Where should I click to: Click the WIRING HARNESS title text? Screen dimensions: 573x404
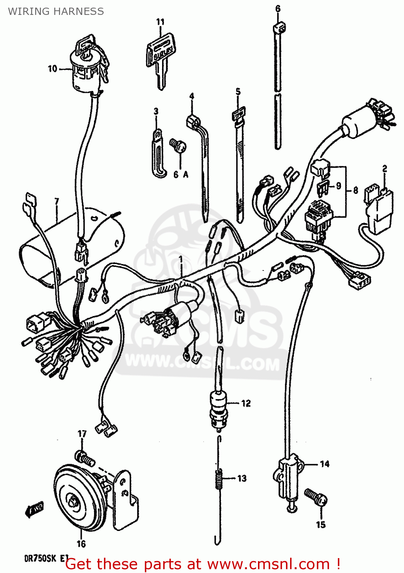click(56, 11)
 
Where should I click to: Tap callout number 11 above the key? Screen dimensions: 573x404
click(160, 22)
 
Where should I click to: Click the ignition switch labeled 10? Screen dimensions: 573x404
click(86, 71)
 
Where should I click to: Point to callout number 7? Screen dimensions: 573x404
click(57, 201)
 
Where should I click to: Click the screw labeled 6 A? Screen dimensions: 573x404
click(178, 146)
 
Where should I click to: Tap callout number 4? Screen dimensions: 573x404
click(191, 96)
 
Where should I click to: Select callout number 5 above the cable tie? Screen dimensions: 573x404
click(238, 92)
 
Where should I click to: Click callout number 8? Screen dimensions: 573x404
click(355, 190)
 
